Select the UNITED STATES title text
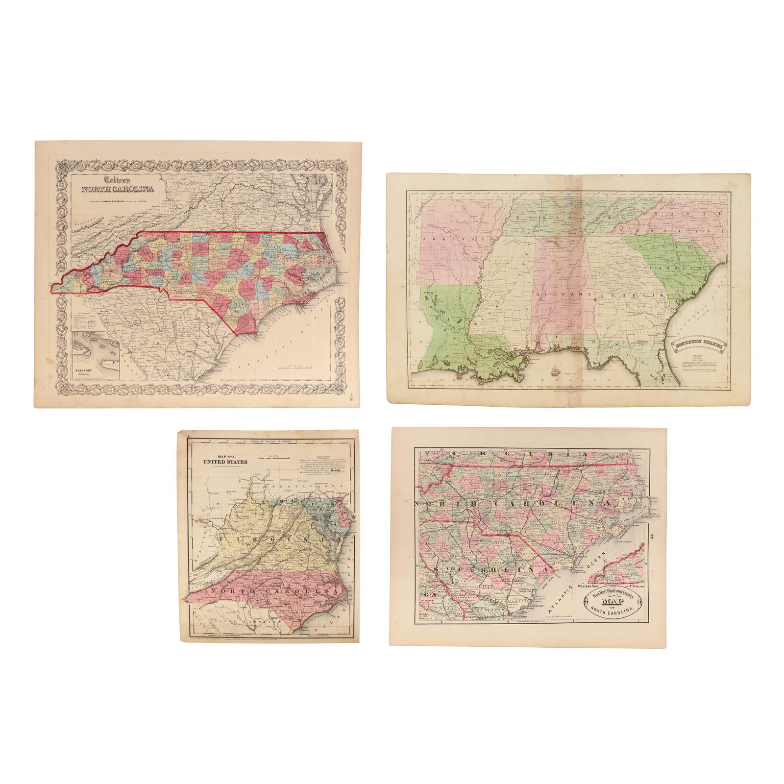point(226,462)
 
